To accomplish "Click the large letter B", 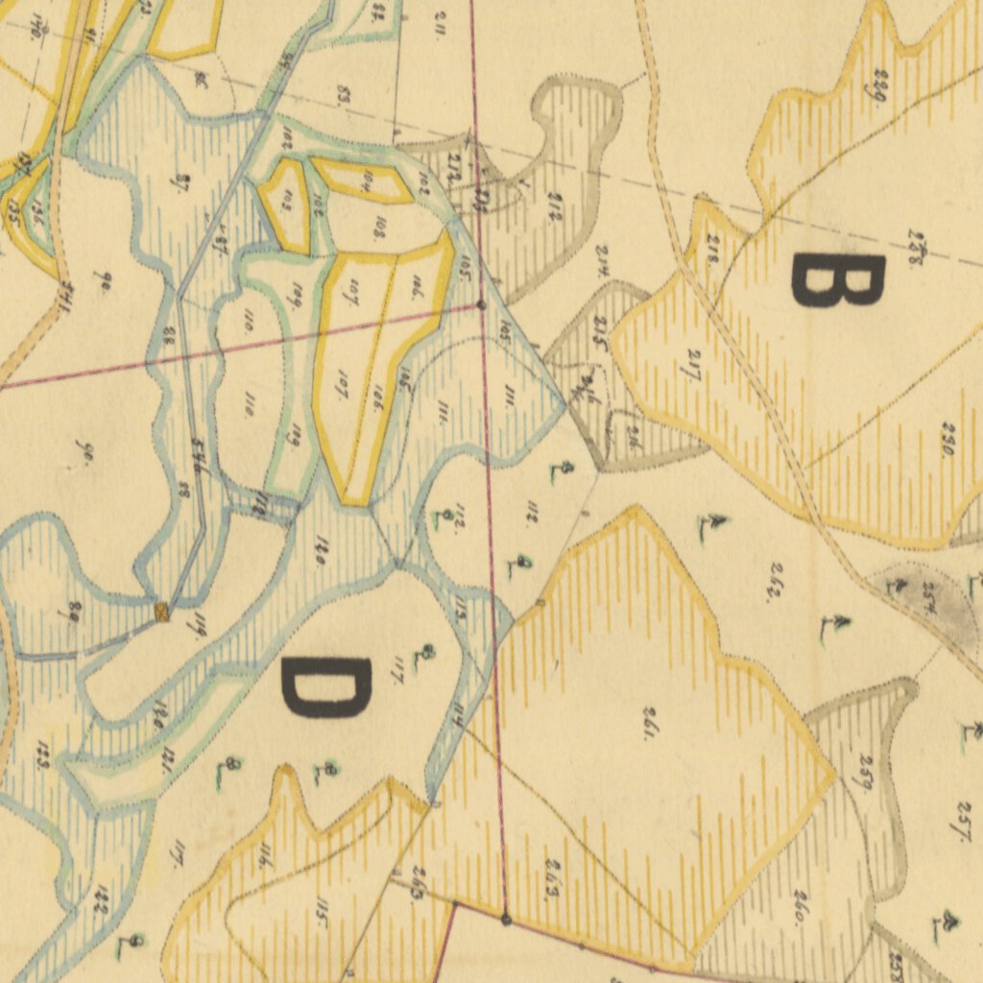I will point(836,281).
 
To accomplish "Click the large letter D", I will point(324,687).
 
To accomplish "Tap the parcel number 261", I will point(650,722).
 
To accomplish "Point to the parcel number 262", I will point(772,587).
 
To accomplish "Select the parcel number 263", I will point(552,878).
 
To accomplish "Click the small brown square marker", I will point(162,611).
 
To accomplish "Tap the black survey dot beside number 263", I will point(506,919).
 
